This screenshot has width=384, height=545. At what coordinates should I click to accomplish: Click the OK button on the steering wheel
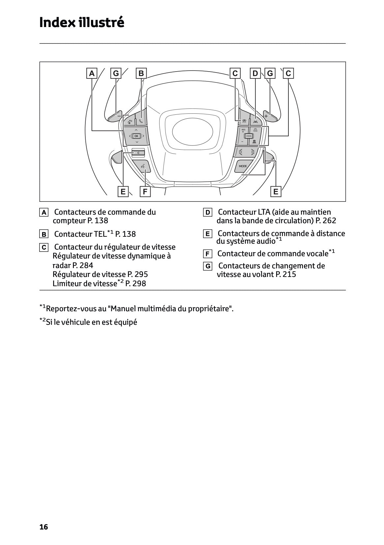pos(136,136)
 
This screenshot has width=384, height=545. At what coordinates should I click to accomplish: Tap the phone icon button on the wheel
pos(141,121)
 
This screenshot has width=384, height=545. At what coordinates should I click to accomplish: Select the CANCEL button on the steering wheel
pos(249,136)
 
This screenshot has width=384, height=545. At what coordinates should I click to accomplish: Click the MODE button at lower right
pos(243,166)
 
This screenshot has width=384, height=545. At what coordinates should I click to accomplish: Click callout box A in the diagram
pos(92,73)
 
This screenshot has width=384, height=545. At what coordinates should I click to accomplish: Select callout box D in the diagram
pos(255,73)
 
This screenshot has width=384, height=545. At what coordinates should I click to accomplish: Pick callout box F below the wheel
pos(145,192)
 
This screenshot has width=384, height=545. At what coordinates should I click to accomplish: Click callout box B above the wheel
pos(141,73)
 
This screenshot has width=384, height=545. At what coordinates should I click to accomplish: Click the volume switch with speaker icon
pos(137,152)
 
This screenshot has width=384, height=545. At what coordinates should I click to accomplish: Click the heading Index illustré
pos(82,22)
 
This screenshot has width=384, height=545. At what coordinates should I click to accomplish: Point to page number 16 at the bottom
pos(44,527)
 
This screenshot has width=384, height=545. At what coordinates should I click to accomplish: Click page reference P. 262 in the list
pos(326,221)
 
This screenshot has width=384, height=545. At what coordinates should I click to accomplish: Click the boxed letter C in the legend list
pos(44,247)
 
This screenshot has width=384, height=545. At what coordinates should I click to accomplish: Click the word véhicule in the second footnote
pos(74,322)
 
